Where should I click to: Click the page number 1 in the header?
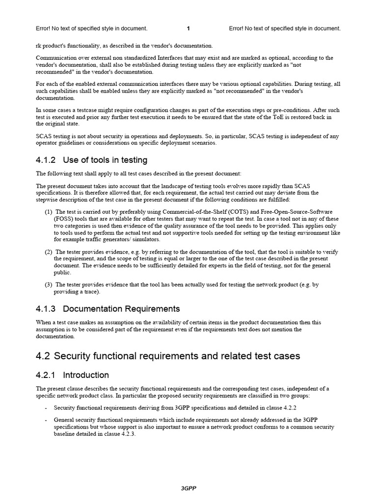pyautogui.click(x=188, y=28)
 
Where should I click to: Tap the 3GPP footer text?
pyautogui.click(x=188, y=488)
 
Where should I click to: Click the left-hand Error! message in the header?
pyautogui.click(x=92, y=28)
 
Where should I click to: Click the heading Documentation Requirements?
pyautogui.click(x=122, y=309)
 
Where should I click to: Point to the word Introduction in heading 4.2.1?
pyautogui.click(x=86, y=375)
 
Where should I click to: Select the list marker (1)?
pyautogui.click(x=48, y=212)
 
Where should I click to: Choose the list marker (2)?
pyautogui.click(x=48, y=252)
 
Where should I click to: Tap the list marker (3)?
pyautogui.click(x=48, y=284)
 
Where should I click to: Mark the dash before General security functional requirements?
pyautogui.click(x=46, y=420)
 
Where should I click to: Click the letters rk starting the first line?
pyautogui.click(x=39, y=46)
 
